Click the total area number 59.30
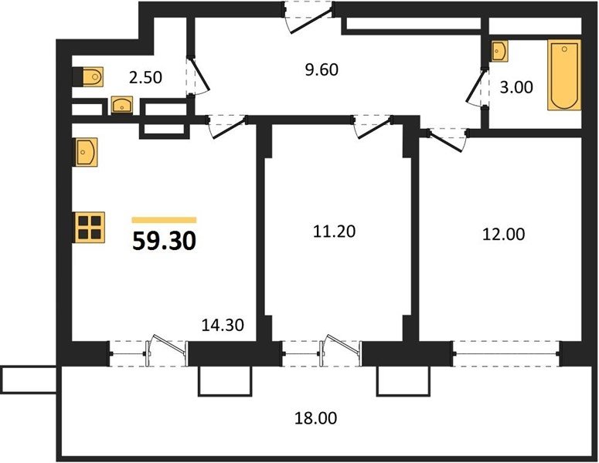165,241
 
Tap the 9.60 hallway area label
322,69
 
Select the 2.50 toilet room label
145,77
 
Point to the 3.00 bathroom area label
516,87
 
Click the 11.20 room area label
334,231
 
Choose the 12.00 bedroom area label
503,234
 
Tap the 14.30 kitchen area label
223,325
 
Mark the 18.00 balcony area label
315,418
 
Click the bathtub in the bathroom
564,75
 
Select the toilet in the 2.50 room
89,77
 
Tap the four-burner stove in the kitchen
90,227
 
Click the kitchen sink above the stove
86,152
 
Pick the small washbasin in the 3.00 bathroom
499,51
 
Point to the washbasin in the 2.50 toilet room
122,105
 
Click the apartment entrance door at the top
308,17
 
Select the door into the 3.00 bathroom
477,87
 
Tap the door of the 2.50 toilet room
198,76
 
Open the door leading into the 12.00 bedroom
447,140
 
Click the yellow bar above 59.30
165,220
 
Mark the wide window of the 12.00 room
506,354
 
